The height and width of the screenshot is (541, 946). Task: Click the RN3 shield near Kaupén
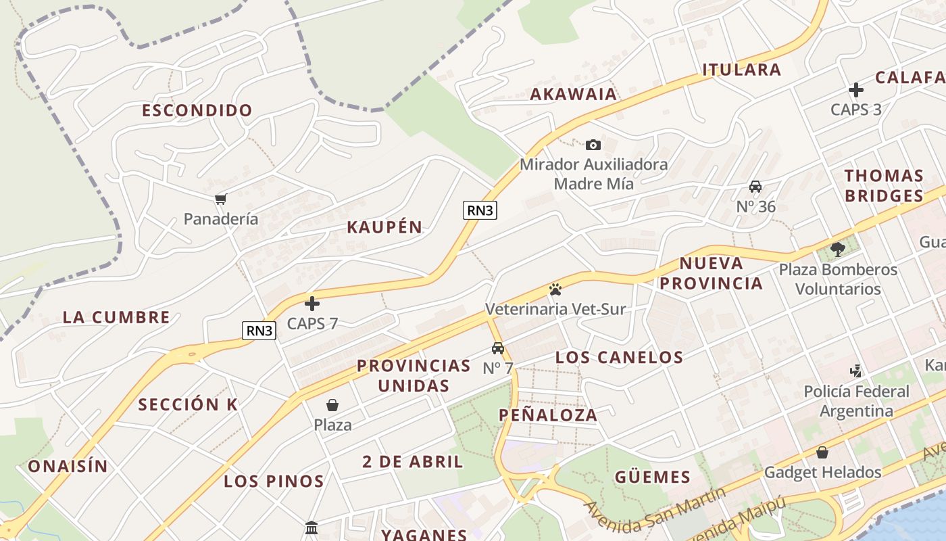480,210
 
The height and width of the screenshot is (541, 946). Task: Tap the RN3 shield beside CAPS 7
259,331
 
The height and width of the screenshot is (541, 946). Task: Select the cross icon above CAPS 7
312,304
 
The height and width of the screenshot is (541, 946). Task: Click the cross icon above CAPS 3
856,90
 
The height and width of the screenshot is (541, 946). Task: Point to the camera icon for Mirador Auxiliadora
593,145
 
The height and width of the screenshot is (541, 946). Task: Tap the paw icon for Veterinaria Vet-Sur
555,289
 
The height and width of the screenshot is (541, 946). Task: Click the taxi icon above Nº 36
755,187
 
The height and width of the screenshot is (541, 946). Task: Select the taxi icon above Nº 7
498,348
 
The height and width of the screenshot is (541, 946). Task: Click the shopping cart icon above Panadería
220,199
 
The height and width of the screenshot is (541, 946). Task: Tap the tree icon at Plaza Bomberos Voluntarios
838,250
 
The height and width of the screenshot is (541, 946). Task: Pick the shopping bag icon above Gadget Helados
822,452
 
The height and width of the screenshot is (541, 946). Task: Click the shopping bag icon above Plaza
332,405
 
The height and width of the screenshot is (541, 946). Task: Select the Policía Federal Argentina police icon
856,371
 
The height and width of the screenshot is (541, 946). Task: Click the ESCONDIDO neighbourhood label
197,110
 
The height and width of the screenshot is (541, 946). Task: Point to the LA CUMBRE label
116,317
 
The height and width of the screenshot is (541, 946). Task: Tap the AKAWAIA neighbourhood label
574,94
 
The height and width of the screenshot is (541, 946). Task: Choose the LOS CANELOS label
619,357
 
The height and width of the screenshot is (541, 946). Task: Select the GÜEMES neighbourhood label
653,477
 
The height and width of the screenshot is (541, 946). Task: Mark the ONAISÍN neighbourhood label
68,466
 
